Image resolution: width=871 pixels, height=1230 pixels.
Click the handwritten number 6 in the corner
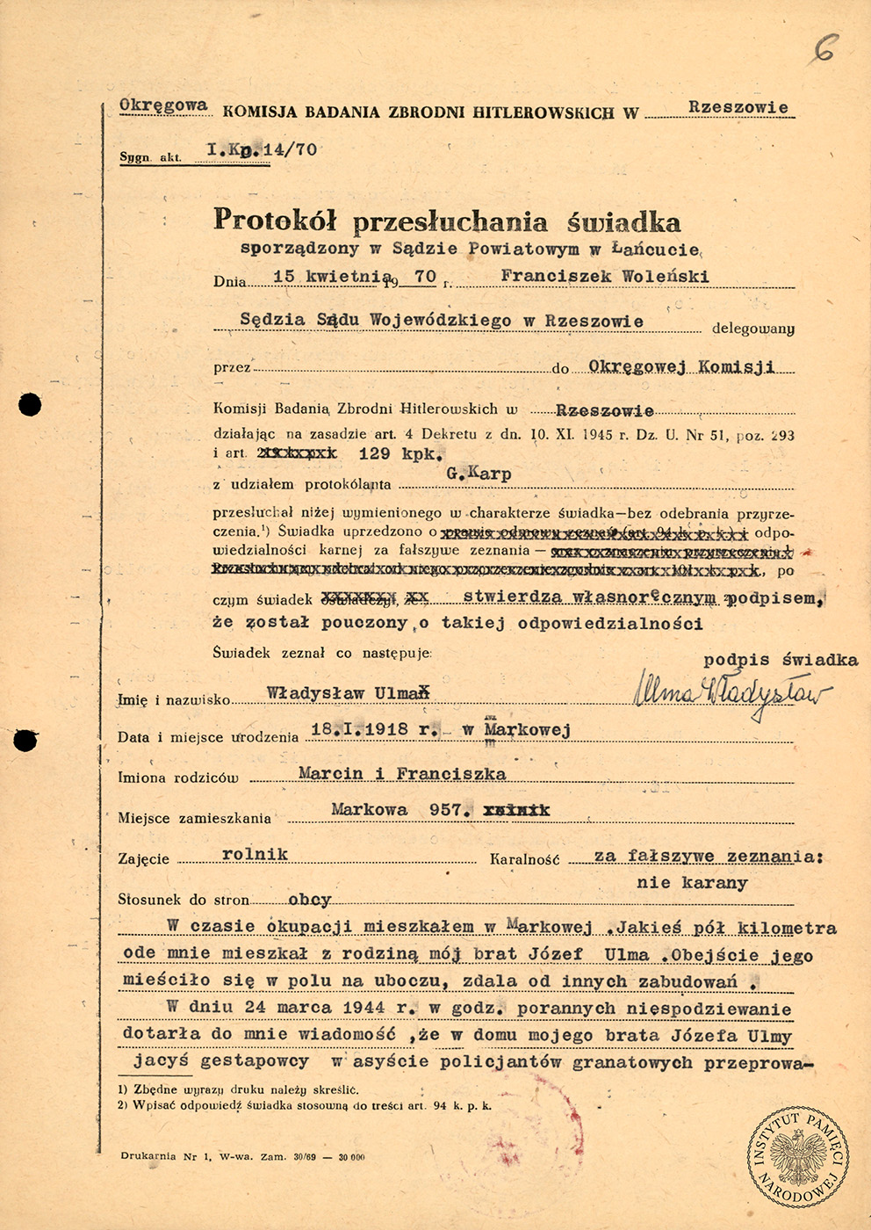click(824, 47)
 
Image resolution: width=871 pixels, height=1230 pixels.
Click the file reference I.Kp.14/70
click(262, 150)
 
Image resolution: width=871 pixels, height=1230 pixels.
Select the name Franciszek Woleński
click(604, 276)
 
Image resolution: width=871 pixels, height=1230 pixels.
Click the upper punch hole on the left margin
click(30, 404)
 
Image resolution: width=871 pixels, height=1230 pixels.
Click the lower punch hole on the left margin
click(26, 741)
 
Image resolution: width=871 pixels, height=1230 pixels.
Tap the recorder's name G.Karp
click(479, 474)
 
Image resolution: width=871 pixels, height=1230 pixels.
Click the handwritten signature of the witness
click(731, 695)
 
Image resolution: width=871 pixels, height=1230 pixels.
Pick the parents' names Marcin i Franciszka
click(402, 774)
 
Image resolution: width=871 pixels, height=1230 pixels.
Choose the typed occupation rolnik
click(256, 854)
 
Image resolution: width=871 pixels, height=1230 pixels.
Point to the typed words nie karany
click(692, 882)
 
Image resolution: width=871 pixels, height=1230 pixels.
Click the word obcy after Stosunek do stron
click(310, 900)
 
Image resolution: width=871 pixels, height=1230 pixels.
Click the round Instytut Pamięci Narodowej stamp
click(798, 1156)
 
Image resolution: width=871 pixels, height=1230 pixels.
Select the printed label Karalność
click(525, 859)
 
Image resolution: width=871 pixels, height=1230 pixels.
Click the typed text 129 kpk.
click(401, 454)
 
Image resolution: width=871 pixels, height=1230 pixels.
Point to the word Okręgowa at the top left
click(163, 105)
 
